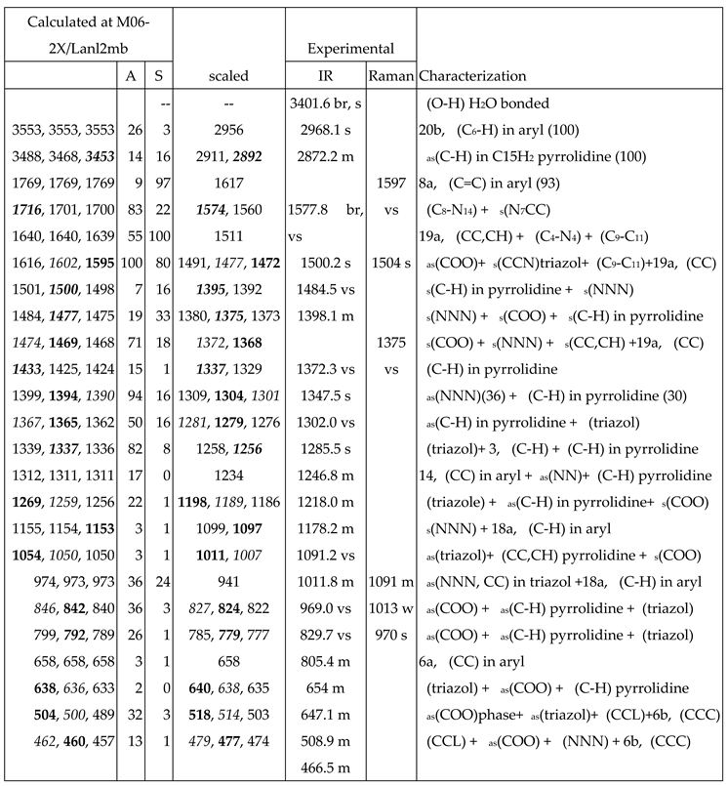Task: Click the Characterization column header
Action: coord(472,75)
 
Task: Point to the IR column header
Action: coord(322,75)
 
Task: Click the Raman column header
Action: coord(390,75)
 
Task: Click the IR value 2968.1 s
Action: coord(322,129)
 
